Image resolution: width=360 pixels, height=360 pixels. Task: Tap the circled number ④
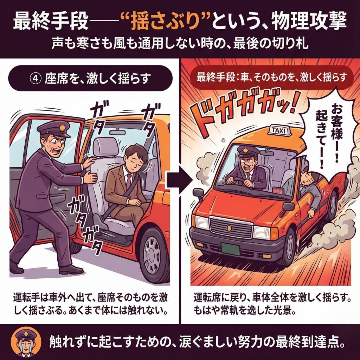(36, 79)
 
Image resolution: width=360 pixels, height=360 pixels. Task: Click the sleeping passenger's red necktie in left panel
(129, 181)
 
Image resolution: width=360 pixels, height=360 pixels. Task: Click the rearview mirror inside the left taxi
(117, 133)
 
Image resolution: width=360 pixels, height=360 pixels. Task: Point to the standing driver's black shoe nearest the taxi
(69, 269)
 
